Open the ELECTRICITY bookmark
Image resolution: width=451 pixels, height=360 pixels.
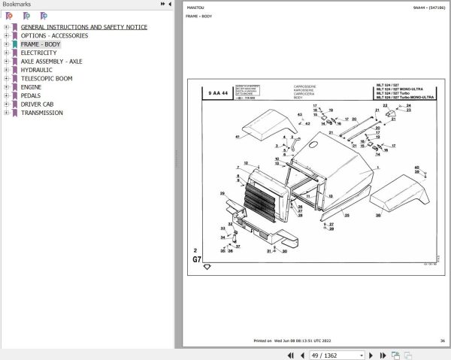[38, 53]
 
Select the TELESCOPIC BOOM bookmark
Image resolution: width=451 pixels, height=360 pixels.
[47, 78]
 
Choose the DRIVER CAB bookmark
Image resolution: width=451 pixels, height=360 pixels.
[37, 104]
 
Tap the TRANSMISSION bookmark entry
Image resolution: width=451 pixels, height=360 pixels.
[41, 113]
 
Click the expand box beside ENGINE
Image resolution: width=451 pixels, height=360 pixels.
[6, 87]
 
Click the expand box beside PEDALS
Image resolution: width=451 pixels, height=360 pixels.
[6, 95]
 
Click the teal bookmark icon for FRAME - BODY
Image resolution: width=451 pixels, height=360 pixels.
[15, 44]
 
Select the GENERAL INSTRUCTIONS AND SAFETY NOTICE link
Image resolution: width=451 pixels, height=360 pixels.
[83, 27]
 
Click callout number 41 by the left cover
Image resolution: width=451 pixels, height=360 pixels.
[237, 137]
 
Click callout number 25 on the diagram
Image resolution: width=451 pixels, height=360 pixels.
[347, 216]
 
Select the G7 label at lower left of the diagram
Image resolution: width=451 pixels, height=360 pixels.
[197, 259]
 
